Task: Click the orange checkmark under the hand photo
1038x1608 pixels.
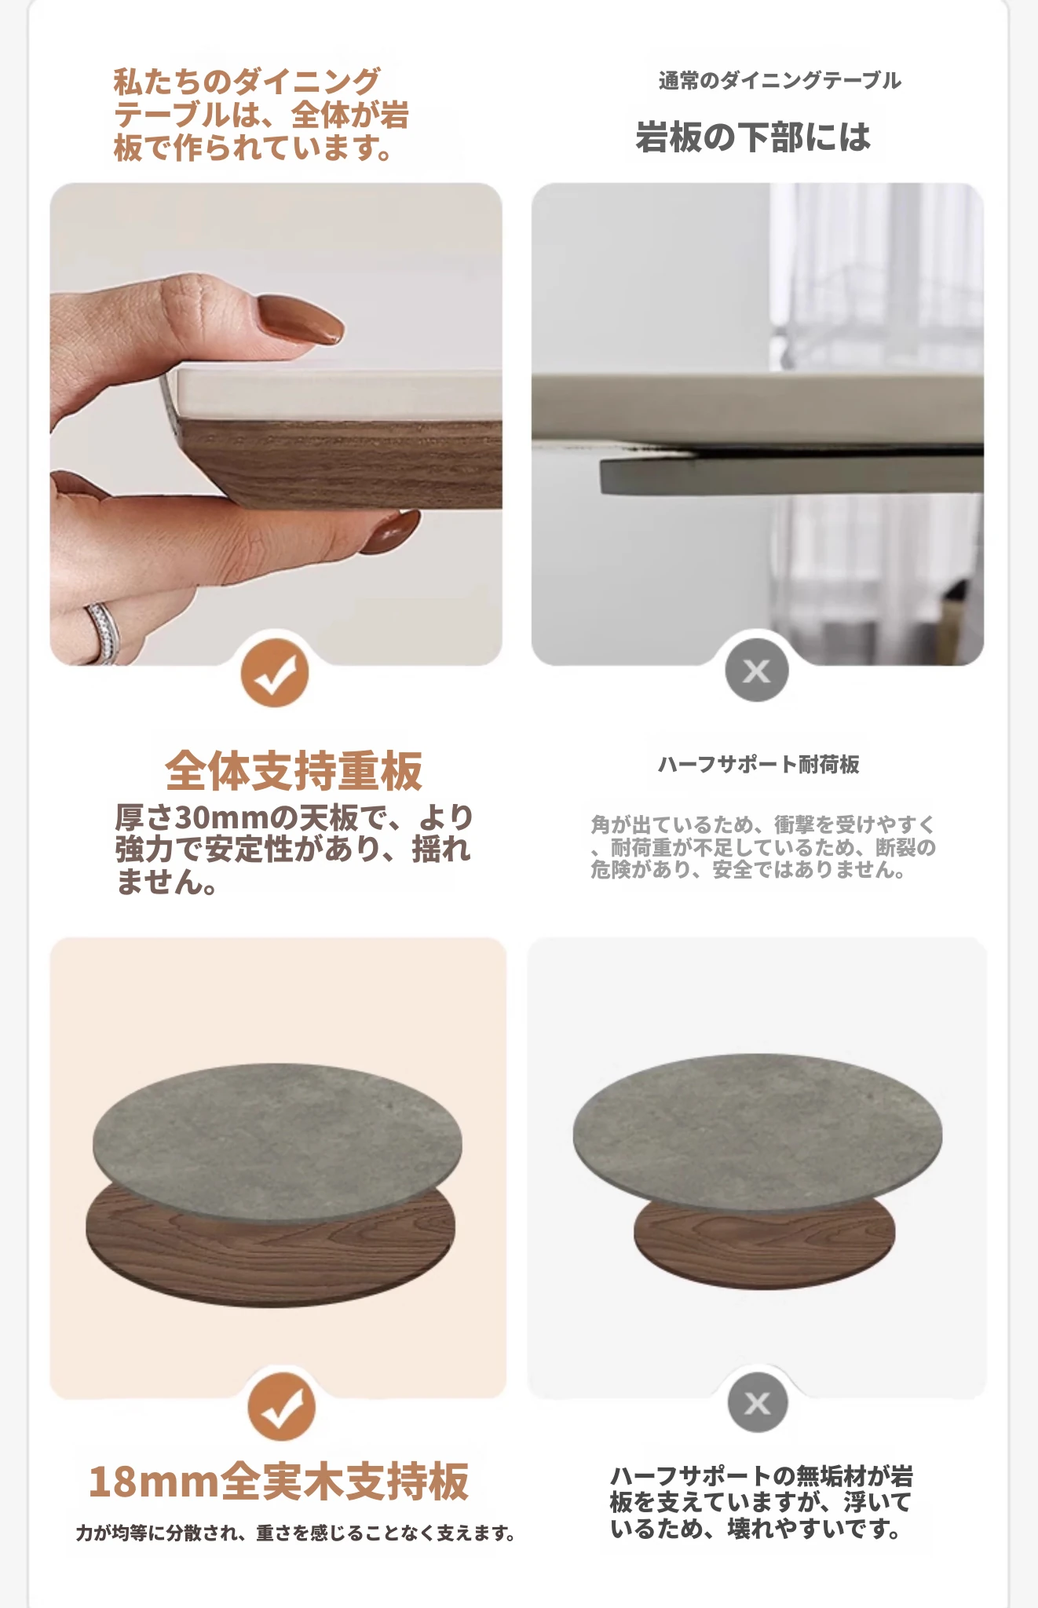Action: tap(274, 673)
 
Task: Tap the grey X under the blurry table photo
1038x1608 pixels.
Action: tap(756, 671)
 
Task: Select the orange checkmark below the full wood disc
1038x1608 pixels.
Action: tap(281, 1406)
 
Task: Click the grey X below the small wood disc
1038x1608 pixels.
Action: tap(757, 1402)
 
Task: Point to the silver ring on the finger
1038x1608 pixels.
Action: tap(103, 632)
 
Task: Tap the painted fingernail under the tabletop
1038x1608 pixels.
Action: tap(390, 532)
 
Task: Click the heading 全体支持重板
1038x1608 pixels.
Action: tap(294, 770)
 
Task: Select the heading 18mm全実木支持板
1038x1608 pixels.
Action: tap(279, 1482)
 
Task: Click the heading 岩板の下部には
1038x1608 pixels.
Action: tap(753, 137)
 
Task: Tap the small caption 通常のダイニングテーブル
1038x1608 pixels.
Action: tap(780, 80)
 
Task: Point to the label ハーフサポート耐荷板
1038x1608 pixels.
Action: tap(758, 764)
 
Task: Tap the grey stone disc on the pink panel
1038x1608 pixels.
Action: tap(277, 1142)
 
